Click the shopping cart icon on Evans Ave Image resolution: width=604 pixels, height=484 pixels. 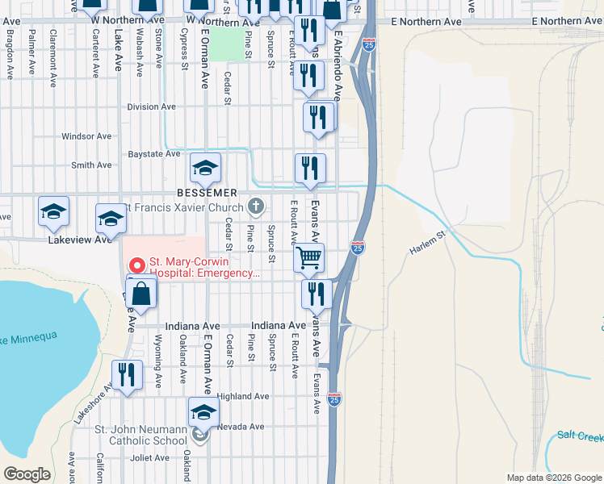(x=309, y=258)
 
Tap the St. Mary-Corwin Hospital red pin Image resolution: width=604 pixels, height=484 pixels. (x=136, y=265)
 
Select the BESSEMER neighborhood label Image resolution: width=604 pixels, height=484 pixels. (x=208, y=193)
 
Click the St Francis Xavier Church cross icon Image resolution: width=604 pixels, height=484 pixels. (x=256, y=207)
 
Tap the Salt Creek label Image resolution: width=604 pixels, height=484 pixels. (x=580, y=436)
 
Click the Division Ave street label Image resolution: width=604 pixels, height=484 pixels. (x=152, y=106)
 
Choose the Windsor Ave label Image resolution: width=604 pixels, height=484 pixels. (x=86, y=136)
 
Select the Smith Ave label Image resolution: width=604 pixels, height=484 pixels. (x=91, y=165)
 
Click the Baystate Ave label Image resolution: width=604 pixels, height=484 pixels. (x=154, y=153)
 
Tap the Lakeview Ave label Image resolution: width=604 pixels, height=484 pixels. (x=79, y=240)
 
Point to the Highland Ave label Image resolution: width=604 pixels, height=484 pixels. (x=242, y=396)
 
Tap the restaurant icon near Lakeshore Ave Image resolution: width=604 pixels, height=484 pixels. (x=128, y=375)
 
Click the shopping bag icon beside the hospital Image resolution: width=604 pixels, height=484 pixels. (x=141, y=294)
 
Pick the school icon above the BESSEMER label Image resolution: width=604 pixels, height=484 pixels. (x=206, y=168)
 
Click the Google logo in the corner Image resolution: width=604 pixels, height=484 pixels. (x=27, y=474)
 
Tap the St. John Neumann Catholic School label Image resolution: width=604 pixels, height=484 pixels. (x=141, y=436)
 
